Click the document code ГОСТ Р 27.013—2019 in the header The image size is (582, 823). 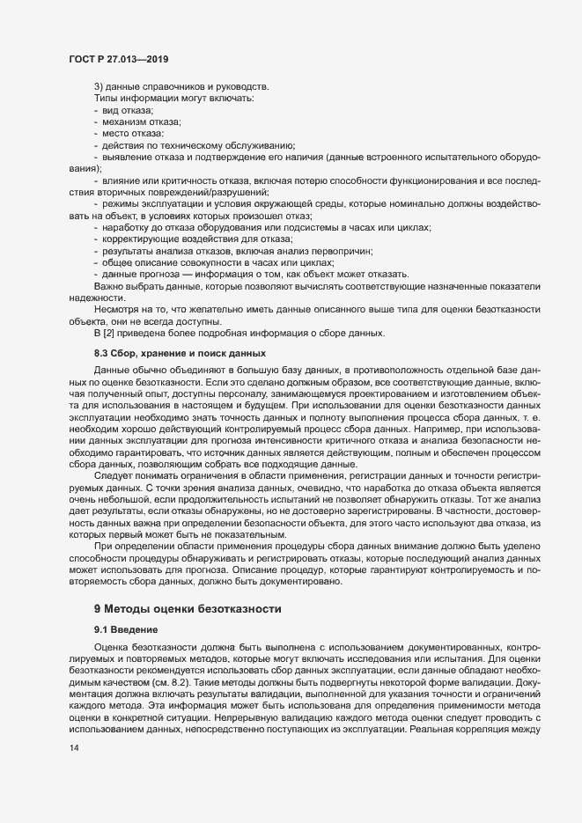[x=119, y=59]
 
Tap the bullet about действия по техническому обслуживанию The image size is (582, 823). [x=198, y=144]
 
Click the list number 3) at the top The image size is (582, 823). [x=99, y=85]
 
